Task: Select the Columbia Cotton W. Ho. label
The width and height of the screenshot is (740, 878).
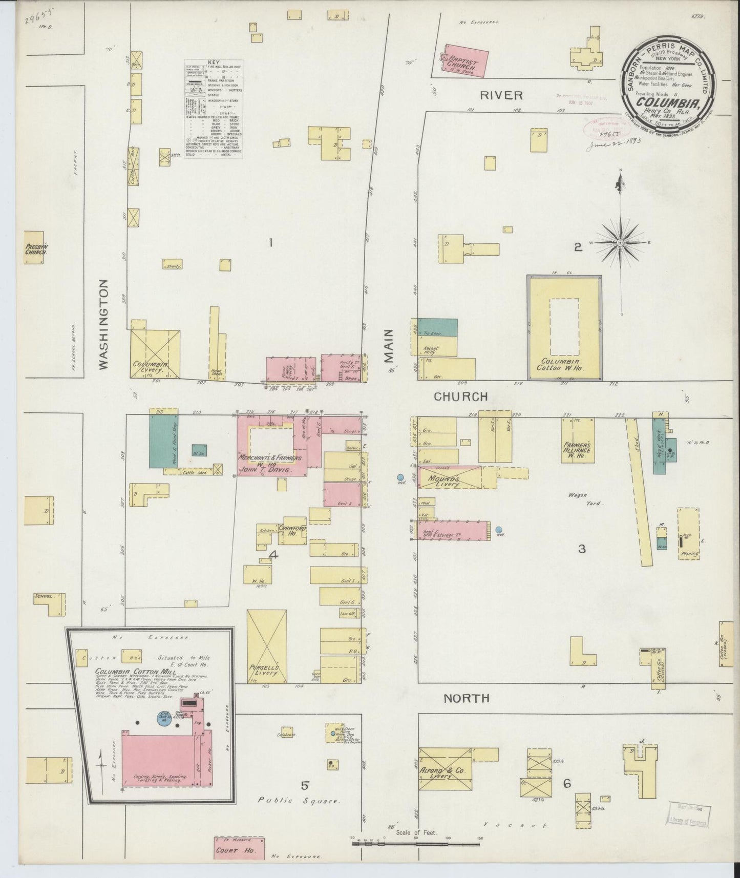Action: pos(564,364)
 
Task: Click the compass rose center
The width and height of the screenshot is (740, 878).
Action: pos(620,242)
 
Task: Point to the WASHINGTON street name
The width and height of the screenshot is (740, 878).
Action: pos(104,324)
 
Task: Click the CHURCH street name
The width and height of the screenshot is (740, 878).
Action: pos(460,396)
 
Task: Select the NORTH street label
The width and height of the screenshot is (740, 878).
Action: pos(466,698)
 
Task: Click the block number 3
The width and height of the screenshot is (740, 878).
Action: pos(582,549)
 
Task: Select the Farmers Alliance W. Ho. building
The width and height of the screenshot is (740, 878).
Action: pos(578,444)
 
